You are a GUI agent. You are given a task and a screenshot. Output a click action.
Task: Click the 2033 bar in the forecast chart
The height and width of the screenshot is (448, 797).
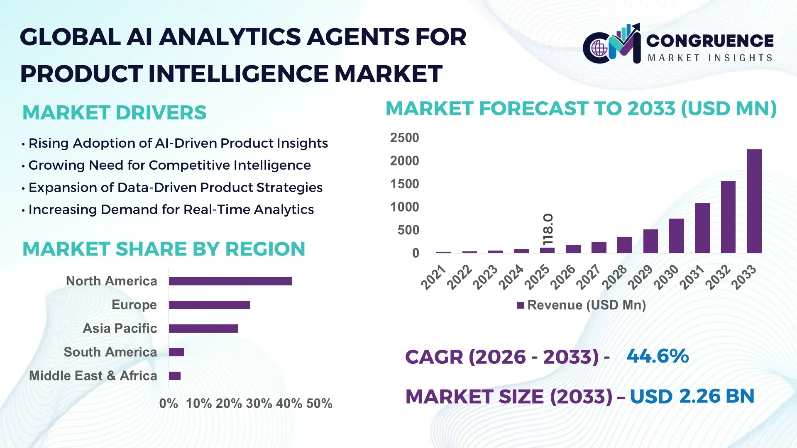754,201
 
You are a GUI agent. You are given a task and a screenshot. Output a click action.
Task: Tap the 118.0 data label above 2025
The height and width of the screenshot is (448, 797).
548,229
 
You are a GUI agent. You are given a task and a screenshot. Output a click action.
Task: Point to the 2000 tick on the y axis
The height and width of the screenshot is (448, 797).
404,161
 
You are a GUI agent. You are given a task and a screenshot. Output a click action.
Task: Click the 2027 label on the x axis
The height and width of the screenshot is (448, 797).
588,277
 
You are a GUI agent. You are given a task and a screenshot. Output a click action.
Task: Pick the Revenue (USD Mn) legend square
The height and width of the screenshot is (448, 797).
521,305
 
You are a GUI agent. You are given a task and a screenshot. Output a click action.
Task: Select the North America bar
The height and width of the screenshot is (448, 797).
230,281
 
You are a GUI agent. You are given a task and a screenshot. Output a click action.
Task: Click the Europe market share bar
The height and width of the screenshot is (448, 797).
209,305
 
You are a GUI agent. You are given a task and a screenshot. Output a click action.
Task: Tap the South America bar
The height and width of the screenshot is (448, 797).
176,352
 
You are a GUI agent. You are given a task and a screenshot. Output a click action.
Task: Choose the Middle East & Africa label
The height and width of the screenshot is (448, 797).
93,376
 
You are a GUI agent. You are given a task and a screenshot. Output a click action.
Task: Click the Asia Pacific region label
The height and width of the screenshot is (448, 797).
120,329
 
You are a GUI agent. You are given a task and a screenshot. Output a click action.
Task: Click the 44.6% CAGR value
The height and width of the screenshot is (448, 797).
658,356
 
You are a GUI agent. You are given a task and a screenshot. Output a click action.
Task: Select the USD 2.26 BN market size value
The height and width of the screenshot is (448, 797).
692,396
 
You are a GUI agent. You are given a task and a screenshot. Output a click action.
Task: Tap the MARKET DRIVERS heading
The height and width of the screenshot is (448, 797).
114,113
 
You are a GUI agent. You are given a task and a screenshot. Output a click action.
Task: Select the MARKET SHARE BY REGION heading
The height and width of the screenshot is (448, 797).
164,249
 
